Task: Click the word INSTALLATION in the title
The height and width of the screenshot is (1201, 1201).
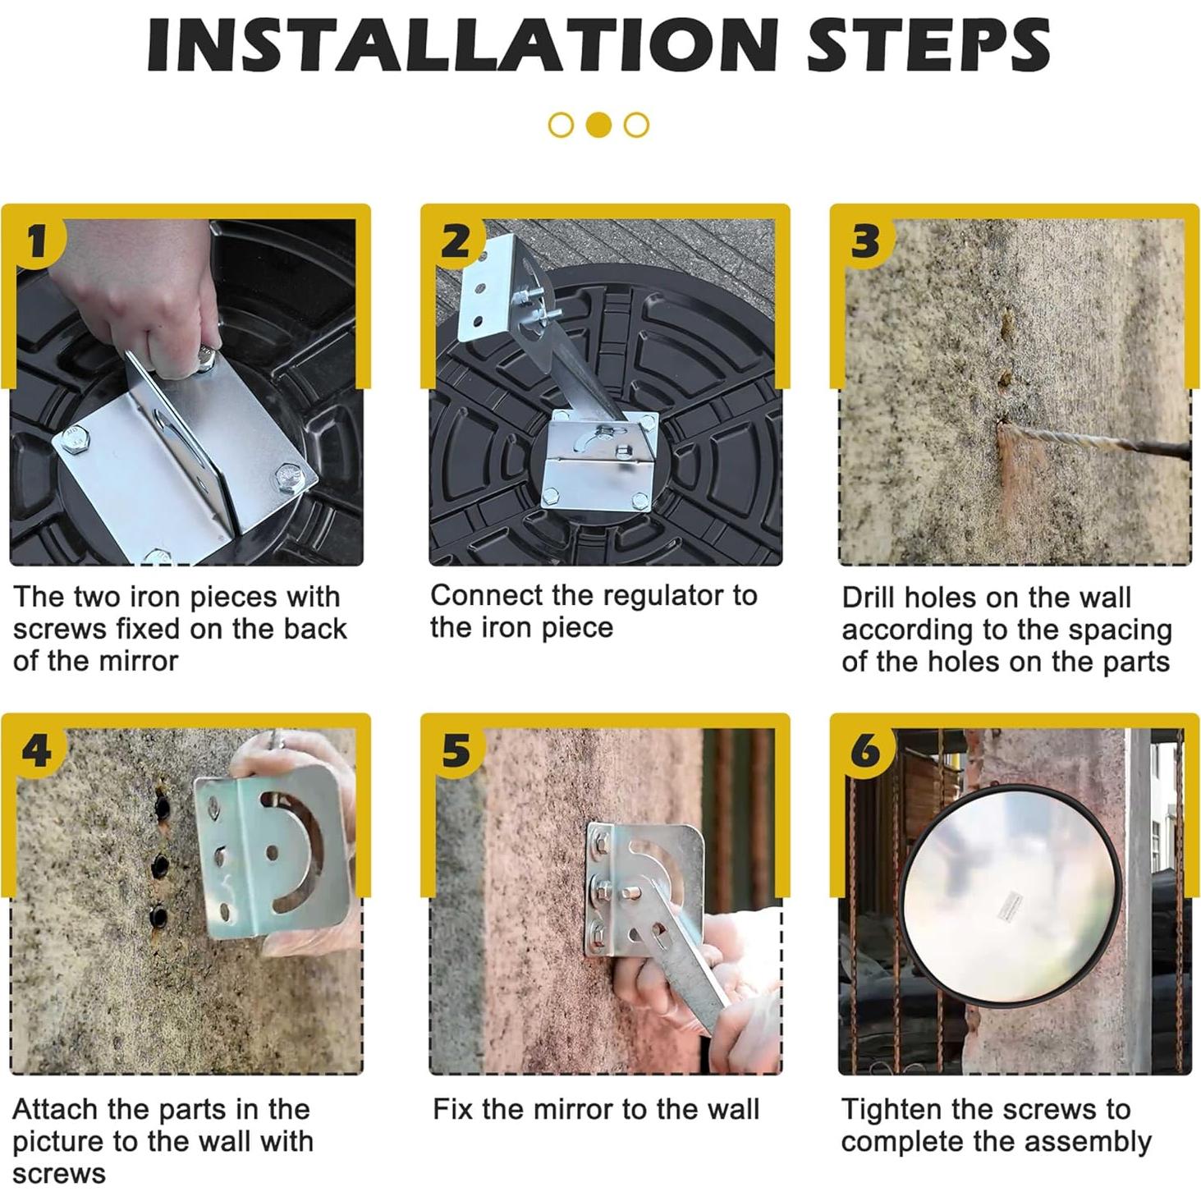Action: (x=462, y=45)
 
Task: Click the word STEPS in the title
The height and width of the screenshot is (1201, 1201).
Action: (x=928, y=45)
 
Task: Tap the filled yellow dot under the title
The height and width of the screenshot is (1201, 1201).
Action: (x=599, y=125)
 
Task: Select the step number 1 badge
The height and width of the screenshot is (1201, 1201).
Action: (x=38, y=242)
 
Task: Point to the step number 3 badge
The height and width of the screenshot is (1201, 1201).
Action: (x=865, y=242)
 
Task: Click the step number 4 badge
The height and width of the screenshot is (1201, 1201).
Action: (x=38, y=752)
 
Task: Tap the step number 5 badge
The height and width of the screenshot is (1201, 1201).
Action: (x=456, y=752)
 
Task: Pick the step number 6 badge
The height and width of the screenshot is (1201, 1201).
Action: (x=865, y=752)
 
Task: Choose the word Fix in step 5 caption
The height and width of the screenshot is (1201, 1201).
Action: (x=453, y=1109)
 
